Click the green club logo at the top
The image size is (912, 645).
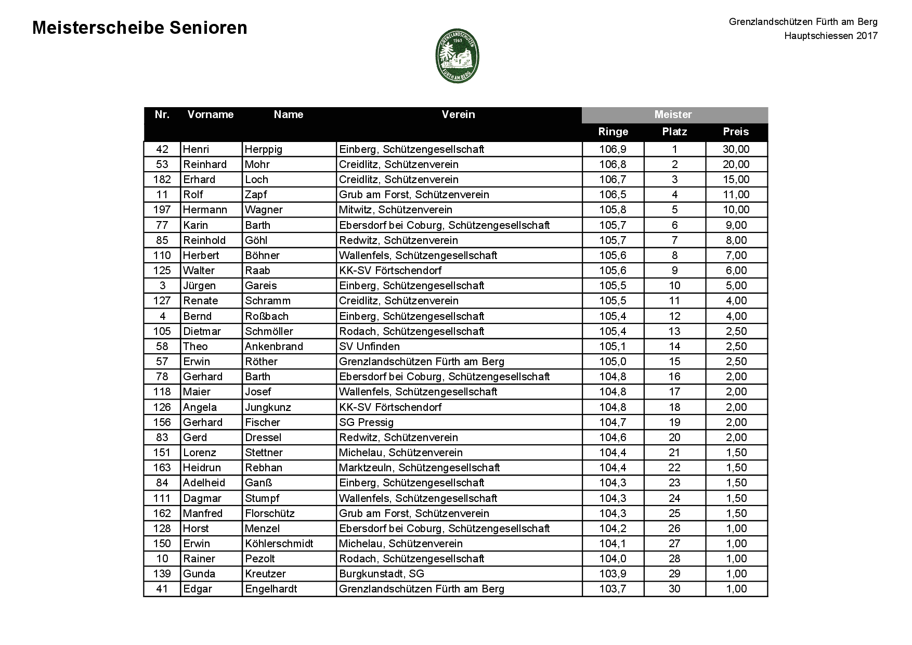coord(457,55)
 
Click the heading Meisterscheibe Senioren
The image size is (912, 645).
coord(139,28)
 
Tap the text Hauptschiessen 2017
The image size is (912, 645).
coord(831,36)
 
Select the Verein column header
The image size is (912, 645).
coord(458,114)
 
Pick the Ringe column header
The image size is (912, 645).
coord(613,132)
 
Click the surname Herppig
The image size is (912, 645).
coord(264,149)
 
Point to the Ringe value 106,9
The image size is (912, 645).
coord(613,149)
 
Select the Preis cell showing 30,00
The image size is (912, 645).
coord(736,149)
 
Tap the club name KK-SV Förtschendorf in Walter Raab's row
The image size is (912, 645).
coord(390,270)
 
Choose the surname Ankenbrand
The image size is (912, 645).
coord(273,346)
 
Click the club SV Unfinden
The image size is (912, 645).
coord(369,346)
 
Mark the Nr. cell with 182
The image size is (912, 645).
coord(162,179)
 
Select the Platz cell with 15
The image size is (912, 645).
coord(674,362)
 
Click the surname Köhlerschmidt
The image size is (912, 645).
coord(279,544)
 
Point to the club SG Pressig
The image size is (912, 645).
coord(366,422)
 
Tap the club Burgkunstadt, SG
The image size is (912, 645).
coord(381,574)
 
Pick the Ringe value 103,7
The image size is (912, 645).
coord(613,589)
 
